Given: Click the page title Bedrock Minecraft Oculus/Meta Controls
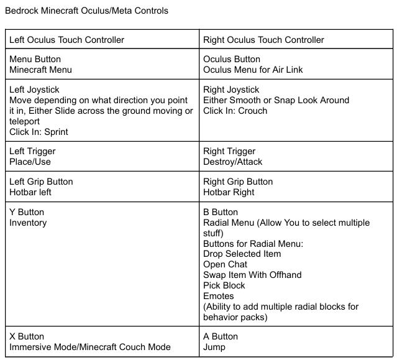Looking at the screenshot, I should click(x=86, y=11).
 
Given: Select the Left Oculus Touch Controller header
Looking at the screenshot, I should click(x=67, y=40).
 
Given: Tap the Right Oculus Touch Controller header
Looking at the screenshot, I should click(x=263, y=40).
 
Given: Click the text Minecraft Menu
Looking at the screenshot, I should click(x=41, y=70).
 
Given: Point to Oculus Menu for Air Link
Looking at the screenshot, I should click(x=253, y=70).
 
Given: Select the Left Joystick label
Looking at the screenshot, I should click(x=35, y=90).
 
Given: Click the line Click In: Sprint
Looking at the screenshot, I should click(x=39, y=132).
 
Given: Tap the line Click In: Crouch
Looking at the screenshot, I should click(x=235, y=111).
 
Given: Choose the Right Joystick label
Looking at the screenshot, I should click(x=231, y=90).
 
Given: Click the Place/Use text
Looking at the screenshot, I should click(x=30, y=162).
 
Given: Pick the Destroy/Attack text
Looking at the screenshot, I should click(x=233, y=162).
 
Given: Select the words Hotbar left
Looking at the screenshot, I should click(x=30, y=192).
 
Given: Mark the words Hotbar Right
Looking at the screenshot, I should click(x=229, y=192).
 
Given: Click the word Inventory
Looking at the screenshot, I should click(x=28, y=223).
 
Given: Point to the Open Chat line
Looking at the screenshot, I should click(x=225, y=264).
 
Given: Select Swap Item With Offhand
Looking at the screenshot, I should click(x=252, y=275).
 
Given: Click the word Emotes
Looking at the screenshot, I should click(x=219, y=296).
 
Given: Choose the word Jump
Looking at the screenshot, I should click(x=214, y=347).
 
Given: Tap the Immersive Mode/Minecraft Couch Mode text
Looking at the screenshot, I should click(x=90, y=347).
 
